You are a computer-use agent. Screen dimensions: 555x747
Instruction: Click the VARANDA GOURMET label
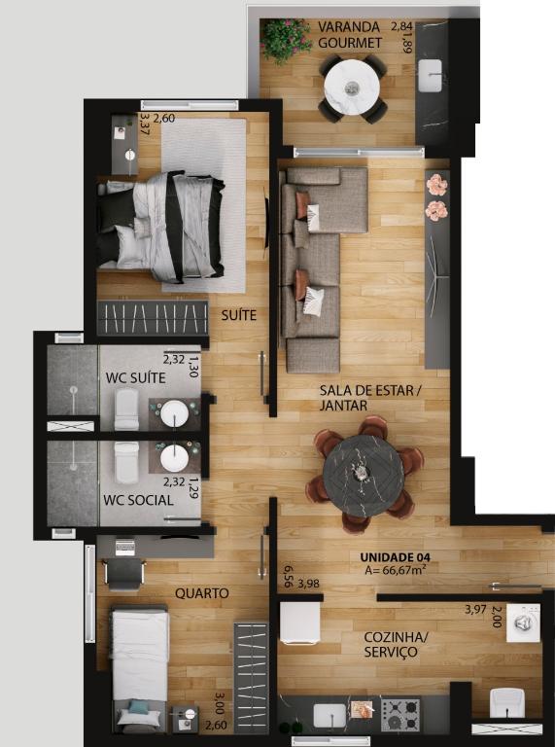(x=350, y=35)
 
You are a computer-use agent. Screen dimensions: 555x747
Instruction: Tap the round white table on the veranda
(x=352, y=88)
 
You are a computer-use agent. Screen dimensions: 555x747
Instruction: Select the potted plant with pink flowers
(x=287, y=41)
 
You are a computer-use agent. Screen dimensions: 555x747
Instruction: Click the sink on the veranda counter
(x=430, y=75)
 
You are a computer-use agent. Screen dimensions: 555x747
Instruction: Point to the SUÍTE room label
(x=238, y=315)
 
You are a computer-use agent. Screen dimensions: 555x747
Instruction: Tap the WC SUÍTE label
(x=136, y=377)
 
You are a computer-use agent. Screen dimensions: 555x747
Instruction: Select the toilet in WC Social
(x=126, y=462)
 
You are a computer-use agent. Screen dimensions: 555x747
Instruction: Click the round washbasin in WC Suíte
(x=174, y=413)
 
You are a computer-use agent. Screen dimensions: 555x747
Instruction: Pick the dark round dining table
(x=364, y=476)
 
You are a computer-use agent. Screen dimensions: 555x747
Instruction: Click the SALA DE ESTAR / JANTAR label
(x=370, y=398)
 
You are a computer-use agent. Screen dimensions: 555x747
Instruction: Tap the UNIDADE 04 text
(x=395, y=557)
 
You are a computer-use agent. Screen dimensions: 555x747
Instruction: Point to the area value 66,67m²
(x=395, y=570)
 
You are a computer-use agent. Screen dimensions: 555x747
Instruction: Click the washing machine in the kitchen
(x=523, y=623)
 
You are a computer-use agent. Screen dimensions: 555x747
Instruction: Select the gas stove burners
(x=400, y=715)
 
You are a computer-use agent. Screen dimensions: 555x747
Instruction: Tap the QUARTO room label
(x=202, y=593)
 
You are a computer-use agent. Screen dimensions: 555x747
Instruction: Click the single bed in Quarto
(x=140, y=668)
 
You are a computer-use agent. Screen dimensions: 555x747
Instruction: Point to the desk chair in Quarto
(x=123, y=573)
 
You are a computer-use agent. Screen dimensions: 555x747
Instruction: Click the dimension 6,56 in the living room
(x=288, y=577)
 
